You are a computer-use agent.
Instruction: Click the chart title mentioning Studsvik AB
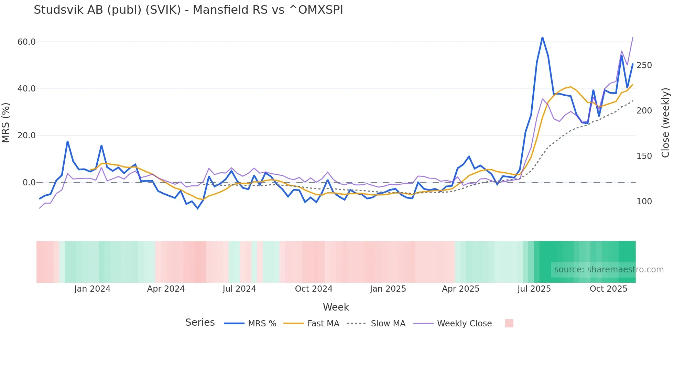188,10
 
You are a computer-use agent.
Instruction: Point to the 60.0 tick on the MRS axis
26,42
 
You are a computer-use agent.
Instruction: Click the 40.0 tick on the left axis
26,89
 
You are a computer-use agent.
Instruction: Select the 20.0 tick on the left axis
26,136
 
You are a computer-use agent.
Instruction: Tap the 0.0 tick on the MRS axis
29,183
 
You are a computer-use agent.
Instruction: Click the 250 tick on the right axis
644,65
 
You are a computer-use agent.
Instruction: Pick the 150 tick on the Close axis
644,156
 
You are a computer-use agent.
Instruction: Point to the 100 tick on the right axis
644,202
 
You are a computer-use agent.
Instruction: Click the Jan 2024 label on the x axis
92,289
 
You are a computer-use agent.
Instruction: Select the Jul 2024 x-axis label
239,289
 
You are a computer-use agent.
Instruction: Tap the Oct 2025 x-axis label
608,289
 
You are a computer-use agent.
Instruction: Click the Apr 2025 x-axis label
460,289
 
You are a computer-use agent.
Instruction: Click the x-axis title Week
336,307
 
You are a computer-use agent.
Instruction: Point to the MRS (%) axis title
6,122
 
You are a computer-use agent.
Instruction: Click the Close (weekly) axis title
666,122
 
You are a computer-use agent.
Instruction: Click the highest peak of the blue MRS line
542,37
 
